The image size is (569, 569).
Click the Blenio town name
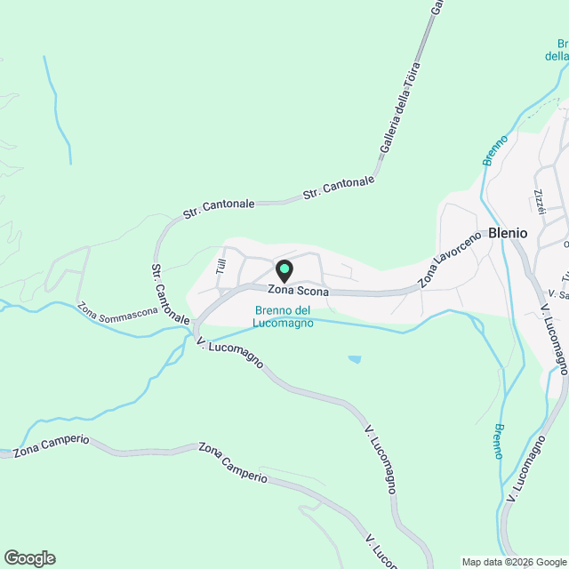508,233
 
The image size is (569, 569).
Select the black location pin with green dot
284,269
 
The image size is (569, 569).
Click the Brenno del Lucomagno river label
282,317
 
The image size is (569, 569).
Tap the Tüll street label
221,265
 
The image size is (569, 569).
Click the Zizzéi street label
538,200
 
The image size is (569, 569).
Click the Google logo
29,557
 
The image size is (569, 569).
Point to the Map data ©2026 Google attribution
513,562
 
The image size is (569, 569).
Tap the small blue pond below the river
355,359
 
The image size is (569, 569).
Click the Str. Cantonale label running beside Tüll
169,293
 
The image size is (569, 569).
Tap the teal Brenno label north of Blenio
495,149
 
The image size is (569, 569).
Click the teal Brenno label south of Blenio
499,441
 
